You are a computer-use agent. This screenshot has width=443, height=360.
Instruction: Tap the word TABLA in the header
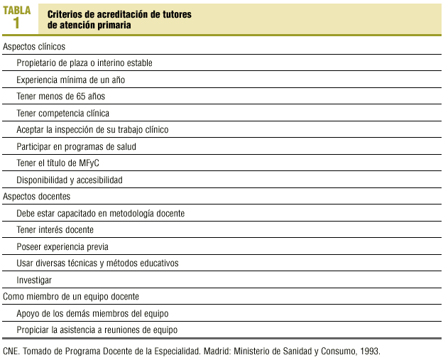pos(16,10)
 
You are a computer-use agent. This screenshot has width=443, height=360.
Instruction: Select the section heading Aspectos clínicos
pos(34,46)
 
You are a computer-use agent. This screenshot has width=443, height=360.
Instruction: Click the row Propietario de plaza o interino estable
pos(84,63)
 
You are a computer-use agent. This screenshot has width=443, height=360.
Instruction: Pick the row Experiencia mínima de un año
pos(70,80)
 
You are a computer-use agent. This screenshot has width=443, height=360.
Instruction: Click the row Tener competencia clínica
pos(62,113)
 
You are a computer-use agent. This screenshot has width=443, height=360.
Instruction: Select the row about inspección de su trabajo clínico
pos(92,130)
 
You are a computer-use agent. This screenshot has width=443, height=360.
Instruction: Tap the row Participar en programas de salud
pos(76,146)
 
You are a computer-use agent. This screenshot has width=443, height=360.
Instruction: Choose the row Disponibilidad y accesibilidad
pos(70,180)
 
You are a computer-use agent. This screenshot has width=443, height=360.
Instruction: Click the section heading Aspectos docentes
pos(37,196)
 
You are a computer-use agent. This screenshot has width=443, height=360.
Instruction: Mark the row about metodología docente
pos(100,213)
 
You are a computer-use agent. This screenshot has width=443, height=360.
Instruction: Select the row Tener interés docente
pos(55,229)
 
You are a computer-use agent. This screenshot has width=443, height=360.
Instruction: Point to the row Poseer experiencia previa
pos(62,246)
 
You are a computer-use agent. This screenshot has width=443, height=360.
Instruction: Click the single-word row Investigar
pos(34,280)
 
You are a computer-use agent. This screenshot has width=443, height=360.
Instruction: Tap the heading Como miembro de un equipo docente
pos(71,296)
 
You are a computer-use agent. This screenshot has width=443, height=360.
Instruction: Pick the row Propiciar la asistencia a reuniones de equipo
pos(97,330)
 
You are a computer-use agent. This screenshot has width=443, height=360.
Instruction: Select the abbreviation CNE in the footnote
pos(11,351)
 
